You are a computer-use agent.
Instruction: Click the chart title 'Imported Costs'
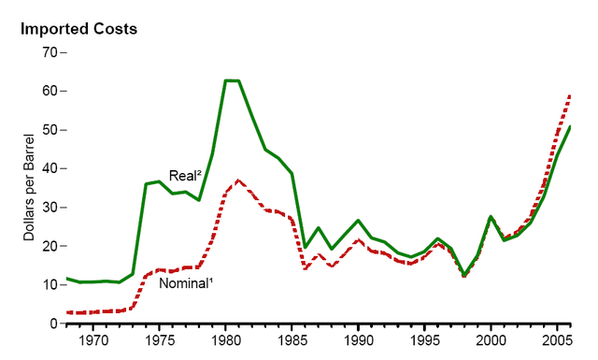coord(79,28)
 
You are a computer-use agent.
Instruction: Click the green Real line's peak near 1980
coord(232,81)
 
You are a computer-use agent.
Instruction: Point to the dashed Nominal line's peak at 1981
coord(239,180)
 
